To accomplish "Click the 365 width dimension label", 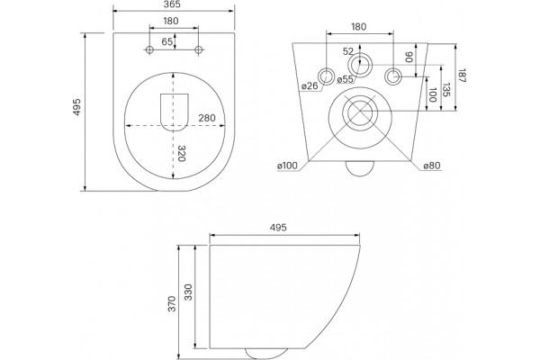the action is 173,4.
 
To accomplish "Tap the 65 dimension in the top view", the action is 167,41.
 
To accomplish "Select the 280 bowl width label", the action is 207,118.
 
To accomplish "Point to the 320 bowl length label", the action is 181,154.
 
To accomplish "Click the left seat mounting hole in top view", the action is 149,50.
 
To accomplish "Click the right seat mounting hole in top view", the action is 198,50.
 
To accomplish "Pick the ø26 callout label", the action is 310,85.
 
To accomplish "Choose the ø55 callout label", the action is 345,79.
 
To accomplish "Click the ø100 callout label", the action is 287,166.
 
